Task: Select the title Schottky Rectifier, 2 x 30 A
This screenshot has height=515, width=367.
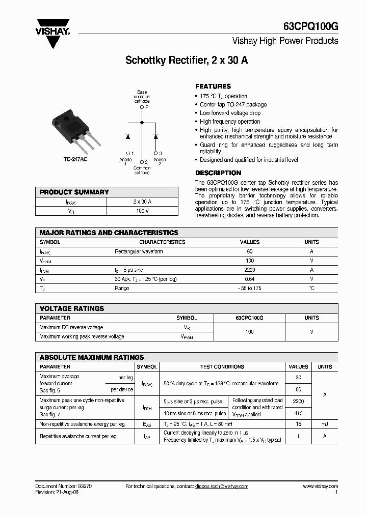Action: tap(187, 61)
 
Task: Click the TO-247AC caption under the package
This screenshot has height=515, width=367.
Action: tap(75, 159)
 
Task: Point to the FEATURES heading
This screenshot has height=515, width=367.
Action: tap(213, 87)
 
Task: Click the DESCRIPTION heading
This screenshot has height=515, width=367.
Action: tap(218, 173)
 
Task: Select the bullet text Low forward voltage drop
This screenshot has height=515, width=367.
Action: tap(230, 113)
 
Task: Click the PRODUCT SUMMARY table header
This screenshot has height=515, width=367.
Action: tap(74, 192)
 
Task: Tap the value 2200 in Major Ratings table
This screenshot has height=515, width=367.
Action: tap(250, 270)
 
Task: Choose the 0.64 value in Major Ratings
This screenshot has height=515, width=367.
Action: tap(250, 279)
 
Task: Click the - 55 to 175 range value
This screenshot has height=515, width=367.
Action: tap(250, 289)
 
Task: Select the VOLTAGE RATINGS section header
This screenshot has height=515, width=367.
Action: tap(72, 308)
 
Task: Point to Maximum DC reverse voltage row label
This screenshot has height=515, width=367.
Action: tap(71, 328)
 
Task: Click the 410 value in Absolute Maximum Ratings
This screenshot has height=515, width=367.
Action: tap(298, 414)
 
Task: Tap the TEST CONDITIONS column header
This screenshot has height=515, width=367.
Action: tap(222, 367)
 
